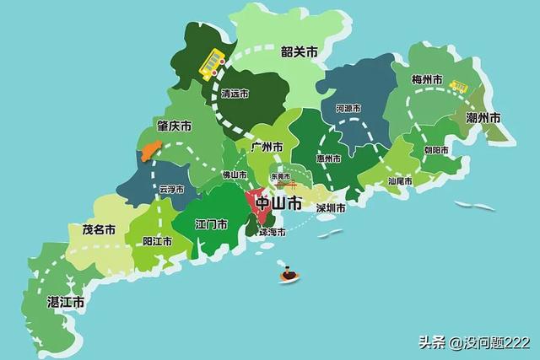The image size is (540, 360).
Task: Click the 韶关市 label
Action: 300,52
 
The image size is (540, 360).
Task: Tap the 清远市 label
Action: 234,94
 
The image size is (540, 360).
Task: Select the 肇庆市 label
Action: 174,126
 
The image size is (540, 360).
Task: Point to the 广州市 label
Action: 267,147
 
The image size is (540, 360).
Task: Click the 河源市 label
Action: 348,109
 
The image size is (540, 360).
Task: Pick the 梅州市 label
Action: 427,80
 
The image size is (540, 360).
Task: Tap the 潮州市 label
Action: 483,117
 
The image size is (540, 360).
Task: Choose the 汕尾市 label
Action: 400,180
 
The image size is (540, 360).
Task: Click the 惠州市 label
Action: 328,159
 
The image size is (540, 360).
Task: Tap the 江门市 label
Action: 210,225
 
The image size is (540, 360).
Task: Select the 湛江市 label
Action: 65,301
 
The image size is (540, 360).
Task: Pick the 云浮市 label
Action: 170,190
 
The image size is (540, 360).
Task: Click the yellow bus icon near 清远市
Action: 212,63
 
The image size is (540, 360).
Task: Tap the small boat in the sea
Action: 289,275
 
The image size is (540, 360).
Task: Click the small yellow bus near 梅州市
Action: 459,86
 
